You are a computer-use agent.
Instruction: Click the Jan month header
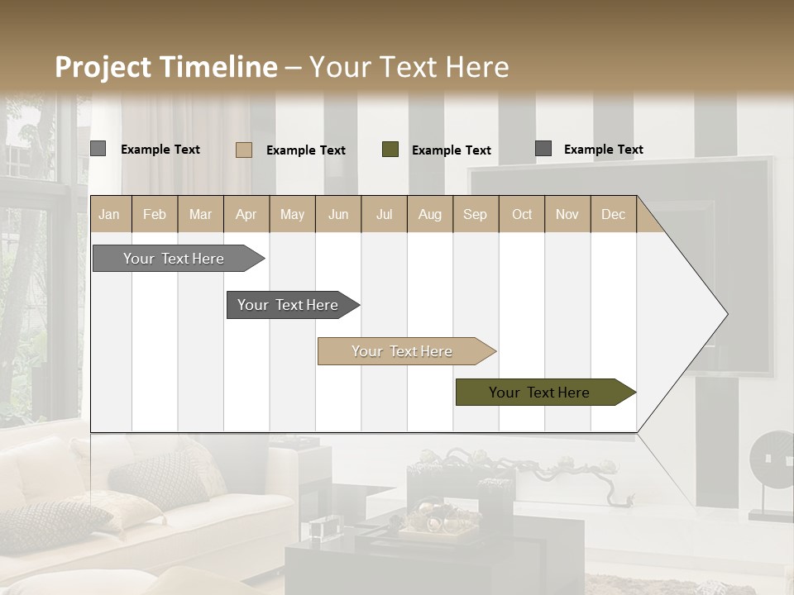[109, 214]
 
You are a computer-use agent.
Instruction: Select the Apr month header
[246, 214]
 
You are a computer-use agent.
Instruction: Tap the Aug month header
[429, 214]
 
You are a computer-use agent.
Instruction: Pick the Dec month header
[613, 214]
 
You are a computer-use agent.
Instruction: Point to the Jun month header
[338, 214]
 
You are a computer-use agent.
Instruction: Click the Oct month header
[522, 214]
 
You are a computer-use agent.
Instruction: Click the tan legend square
[243, 150]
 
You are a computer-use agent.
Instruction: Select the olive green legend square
[390, 150]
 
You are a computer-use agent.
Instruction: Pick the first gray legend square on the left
[98, 149]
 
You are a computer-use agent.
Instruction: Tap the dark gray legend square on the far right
[543, 149]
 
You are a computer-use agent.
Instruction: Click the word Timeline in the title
[218, 67]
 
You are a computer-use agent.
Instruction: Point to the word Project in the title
[103, 67]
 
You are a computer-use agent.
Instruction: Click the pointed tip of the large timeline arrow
[725, 314]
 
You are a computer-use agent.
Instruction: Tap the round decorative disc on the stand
[770, 459]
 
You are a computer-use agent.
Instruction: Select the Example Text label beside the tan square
[305, 150]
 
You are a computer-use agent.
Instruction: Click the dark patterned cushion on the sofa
[161, 479]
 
